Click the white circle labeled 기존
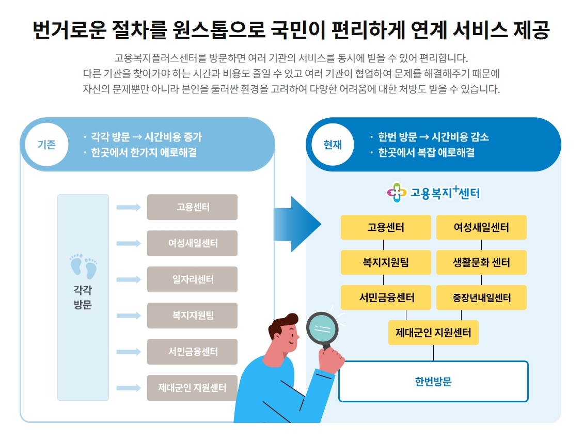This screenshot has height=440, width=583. click(x=46, y=145)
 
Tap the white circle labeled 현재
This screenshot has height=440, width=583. click(x=333, y=145)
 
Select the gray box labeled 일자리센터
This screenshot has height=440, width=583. click(x=192, y=279)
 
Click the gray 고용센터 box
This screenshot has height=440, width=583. click(x=192, y=207)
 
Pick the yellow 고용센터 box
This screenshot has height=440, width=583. click(x=386, y=227)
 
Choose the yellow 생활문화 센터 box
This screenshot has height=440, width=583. click(x=481, y=262)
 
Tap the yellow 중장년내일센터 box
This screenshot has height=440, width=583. click(x=481, y=297)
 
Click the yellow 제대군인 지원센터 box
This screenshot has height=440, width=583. click(x=433, y=333)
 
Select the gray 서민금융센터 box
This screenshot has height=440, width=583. click(x=192, y=352)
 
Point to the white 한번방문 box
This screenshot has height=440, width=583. click(x=433, y=382)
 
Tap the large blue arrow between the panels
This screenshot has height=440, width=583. click(x=298, y=224)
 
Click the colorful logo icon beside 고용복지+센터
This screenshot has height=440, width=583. click(x=397, y=193)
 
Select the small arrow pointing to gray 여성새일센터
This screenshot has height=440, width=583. click(x=129, y=243)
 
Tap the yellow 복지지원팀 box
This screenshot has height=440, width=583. click(x=386, y=262)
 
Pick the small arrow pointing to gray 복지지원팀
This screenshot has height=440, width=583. click(x=129, y=316)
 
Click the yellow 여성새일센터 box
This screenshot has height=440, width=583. click(x=481, y=227)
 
